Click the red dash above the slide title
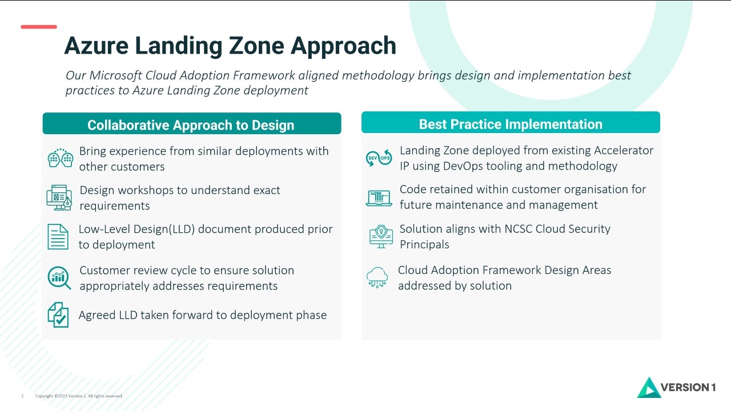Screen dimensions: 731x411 click(39, 27)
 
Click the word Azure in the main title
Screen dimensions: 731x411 click(97, 46)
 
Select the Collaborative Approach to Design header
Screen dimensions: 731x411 click(192, 124)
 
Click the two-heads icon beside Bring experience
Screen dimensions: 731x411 click(61, 158)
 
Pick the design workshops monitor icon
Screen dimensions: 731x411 click(59, 198)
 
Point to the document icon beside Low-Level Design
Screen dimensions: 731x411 click(58, 237)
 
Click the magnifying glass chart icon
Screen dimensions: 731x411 click(59, 278)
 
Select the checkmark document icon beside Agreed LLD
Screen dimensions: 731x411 click(58, 315)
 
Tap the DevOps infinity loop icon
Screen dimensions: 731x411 click(379, 158)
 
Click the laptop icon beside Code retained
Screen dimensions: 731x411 click(379, 198)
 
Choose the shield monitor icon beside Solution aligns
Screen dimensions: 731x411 click(381, 236)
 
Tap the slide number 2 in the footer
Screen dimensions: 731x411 click(22, 396)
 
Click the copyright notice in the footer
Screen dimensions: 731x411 click(79, 396)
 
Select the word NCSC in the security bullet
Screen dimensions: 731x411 click(518, 229)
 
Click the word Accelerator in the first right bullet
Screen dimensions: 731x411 click(623, 150)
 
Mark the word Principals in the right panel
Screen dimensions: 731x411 click(424, 245)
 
